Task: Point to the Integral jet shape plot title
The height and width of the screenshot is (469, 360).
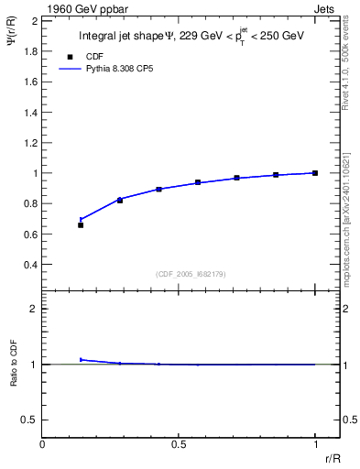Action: (x=191, y=37)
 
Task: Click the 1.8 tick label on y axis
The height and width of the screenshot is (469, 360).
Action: (x=28, y=50)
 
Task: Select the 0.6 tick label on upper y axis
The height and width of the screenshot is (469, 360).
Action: (x=28, y=234)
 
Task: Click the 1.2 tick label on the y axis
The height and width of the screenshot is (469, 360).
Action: (x=28, y=142)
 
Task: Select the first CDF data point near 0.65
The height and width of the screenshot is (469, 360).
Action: (x=81, y=224)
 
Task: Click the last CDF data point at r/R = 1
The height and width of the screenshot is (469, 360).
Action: (x=315, y=172)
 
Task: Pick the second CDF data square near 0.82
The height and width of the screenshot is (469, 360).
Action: (x=120, y=200)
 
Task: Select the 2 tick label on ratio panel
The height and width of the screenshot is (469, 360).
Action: (x=33, y=309)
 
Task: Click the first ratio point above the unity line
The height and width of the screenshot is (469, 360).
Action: (x=81, y=359)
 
